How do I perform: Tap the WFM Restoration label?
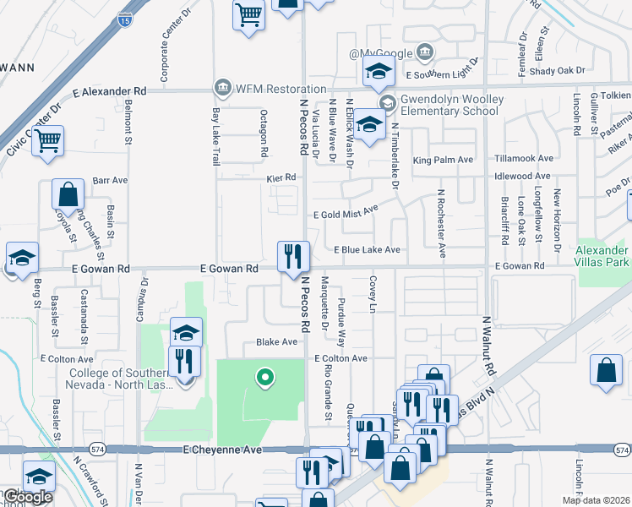pyautogui.click(x=270, y=89)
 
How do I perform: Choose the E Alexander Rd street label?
pyautogui.click(x=110, y=90)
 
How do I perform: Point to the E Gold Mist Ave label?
pyautogui.click(x=345, y=215)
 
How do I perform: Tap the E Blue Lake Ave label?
pyautogui.click(x=367, y=250)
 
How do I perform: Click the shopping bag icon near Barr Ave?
pyautogui.click(x=68, y=194)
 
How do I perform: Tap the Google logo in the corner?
pyautogui.click(x=27, y=497)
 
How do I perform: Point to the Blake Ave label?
pyautogui.click(x=277, y=342)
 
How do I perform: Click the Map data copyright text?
pyautogui.click(x=596, y=500)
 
